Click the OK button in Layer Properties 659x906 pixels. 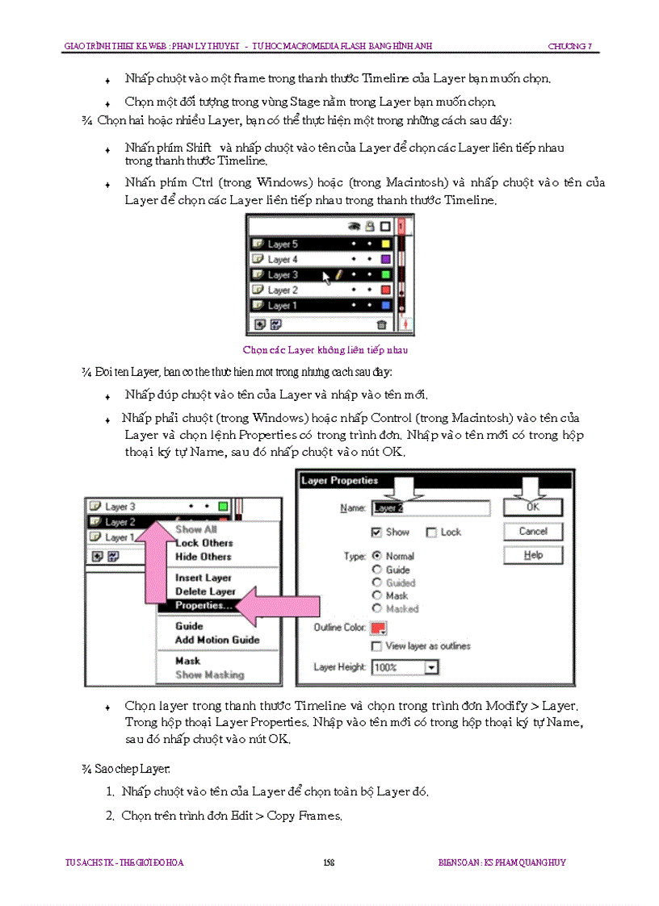coord(533,507)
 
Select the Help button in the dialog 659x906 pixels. coord(533,555)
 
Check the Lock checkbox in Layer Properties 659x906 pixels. coord(432,532)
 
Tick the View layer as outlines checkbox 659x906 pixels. coord(376,646)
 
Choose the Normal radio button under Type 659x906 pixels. coord(376,556)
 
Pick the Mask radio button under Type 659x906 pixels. coord(376,595)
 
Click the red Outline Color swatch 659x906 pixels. coord(378,628)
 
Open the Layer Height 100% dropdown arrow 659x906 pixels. coord(431,667)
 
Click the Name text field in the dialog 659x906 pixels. coord(430,508)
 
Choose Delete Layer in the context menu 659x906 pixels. coord(205,591)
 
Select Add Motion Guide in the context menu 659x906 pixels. coord(217,640)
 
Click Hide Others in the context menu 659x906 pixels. coord(204,557)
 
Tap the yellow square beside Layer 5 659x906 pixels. coord(385,244)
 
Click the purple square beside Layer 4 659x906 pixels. coord(385,259)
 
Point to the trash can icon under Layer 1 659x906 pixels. coord(382,324)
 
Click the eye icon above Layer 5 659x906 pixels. coord(353,227)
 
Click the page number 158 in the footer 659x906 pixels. coord(329,862)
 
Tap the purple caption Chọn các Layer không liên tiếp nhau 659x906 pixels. coord(325,350)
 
